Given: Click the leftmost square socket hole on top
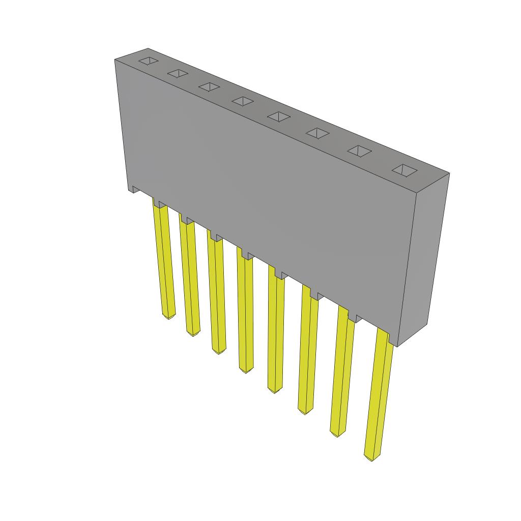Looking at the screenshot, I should pyautogui.click(x=149, y=61).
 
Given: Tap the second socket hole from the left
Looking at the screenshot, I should pyautogui.click(x=178, y=74).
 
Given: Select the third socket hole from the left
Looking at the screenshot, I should pyautogui.click(x=209, y=87).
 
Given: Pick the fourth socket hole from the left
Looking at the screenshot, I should pyautogui.click(x=243, y=101).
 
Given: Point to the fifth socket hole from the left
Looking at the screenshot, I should pyautogui.click(x=278, y=117).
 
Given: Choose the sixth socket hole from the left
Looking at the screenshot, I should pyautogui.click(x=317, y=133).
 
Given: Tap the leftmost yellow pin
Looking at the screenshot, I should pyautogui.click(x=164, y=259).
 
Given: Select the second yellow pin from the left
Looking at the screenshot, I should pyautogui.click(x=189, y=277).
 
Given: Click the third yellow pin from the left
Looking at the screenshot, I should pyautogui.click(x=216, y=295).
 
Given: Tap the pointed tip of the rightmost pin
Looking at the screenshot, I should pyautogui.click(x=371, y=458).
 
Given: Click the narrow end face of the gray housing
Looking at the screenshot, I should pyautogui.click(x=422, y=259).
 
